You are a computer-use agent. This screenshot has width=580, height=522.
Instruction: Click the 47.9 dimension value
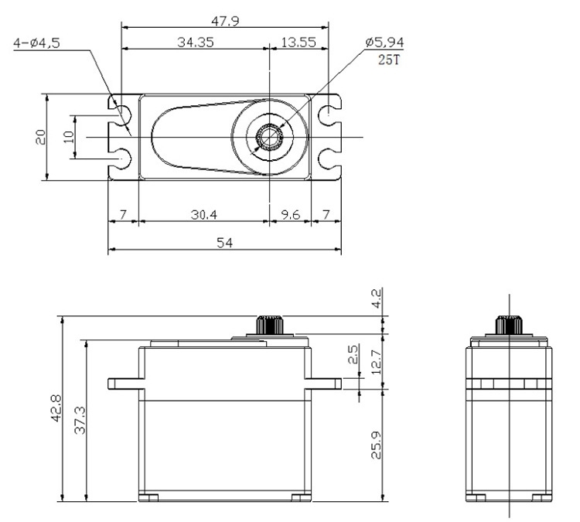225,21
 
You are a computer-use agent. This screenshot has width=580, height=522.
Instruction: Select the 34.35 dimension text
195,42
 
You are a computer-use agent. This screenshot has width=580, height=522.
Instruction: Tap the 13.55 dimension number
298,42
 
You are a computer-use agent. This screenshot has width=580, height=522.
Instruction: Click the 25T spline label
390,60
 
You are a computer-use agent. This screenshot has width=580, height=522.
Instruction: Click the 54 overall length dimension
224,242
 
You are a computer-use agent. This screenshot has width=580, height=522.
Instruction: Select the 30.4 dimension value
203,214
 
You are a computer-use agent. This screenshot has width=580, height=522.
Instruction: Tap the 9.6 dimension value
288,214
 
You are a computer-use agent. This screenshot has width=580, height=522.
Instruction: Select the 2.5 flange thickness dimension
353,355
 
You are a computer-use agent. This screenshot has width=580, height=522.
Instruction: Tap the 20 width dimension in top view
41,137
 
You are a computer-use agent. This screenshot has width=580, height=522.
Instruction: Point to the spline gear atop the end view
508,325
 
